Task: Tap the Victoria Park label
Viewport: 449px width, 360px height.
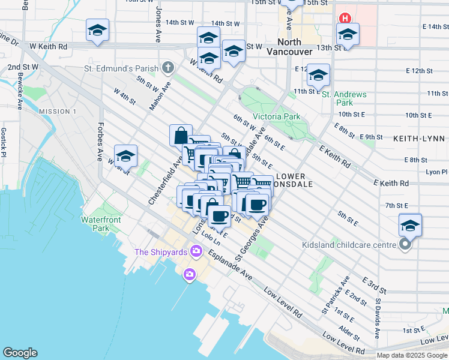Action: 276,116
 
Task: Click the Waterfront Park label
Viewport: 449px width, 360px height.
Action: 102,224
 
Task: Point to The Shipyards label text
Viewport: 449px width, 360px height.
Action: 160,252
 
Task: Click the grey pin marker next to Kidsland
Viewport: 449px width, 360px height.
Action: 406,244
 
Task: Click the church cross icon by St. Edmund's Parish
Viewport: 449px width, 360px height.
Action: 168,67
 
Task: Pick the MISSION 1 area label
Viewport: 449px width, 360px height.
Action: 58,112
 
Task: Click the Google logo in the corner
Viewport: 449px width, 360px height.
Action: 20,353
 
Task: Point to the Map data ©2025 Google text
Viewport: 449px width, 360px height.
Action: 411,355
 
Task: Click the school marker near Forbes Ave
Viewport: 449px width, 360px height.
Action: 125,155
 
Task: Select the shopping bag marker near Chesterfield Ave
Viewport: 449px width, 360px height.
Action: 181,135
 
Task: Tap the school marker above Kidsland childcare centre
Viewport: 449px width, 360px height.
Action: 410,224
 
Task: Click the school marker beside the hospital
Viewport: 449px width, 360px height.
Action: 347,34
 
